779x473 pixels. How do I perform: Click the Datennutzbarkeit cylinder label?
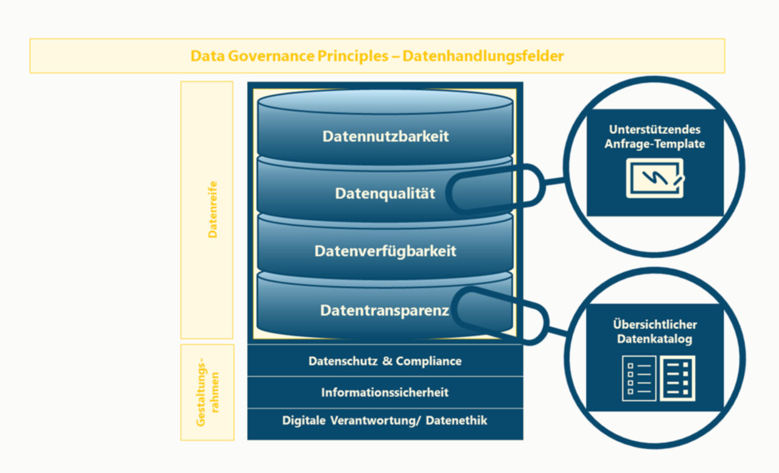(385, 136)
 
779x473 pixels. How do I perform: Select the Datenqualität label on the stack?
(385, 194)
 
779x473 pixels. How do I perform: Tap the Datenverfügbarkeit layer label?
(385, 251)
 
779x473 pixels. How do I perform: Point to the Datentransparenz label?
(385, 311)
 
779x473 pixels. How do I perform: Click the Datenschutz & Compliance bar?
(385, 361)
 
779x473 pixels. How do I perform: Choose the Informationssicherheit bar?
(385, 393)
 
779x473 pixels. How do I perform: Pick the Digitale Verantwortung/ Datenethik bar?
(385, 421)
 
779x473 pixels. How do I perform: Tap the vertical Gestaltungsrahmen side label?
(208, 392)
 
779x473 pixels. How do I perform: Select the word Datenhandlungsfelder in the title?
(483, 57)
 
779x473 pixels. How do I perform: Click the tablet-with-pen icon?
(655, 178)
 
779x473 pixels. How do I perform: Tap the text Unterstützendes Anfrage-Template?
(655, 137)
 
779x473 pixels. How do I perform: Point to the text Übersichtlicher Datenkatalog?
(655, 332)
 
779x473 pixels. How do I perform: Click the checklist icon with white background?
(639, 378)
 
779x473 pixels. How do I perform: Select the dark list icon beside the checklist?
(677, 378)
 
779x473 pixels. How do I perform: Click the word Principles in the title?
(354, 57)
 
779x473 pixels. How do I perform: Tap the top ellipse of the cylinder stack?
(385, 102)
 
